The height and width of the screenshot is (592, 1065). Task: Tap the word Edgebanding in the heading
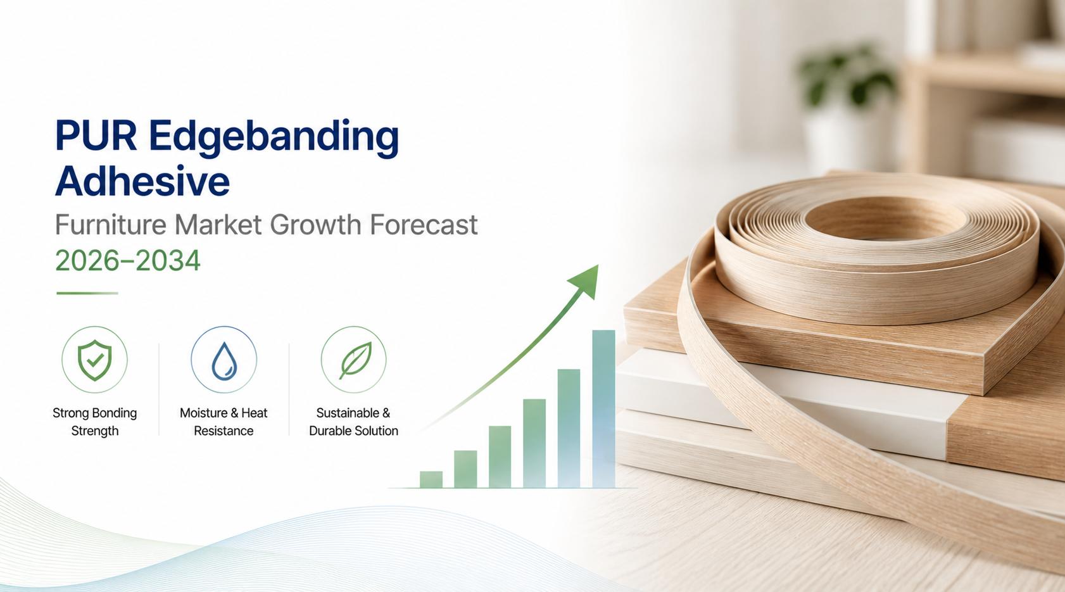[274, 139]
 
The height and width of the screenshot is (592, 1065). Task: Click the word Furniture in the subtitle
[111, 224]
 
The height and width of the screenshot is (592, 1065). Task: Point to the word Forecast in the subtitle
[423, 224]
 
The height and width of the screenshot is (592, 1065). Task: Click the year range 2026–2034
[127, 261]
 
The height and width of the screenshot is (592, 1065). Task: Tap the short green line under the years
[87, 293]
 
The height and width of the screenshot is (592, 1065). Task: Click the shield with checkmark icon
[94, 360]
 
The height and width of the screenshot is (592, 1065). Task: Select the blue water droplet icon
[224, 362]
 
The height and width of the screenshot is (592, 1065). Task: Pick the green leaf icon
[355, 360]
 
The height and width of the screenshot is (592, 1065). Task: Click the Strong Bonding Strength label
[94, 422]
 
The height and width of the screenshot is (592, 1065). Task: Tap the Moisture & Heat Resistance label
[224, 422]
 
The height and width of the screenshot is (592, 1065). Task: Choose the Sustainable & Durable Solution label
[353, 422]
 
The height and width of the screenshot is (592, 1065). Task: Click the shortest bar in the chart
[431, 479]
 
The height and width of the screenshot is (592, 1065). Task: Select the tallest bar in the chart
[603, 409]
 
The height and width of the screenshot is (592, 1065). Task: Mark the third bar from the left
[500, 457]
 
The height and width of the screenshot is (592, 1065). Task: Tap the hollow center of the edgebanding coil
[885, 218]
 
